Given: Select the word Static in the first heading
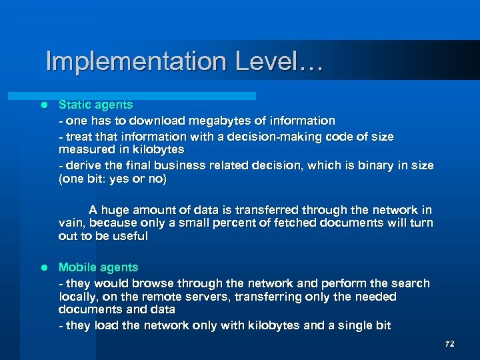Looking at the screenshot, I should tap(75, 105).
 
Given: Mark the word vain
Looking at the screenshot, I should tap(71, 223).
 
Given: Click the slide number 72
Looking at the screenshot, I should tap(449, 344).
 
